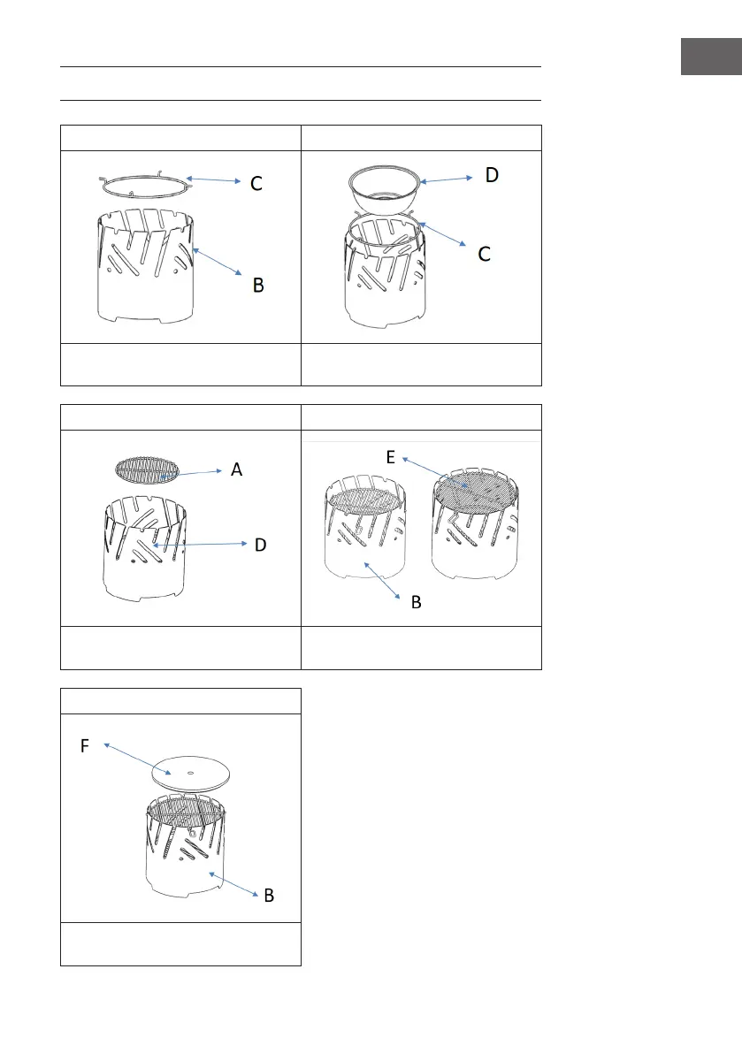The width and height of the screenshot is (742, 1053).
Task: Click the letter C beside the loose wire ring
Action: tap(256, 183)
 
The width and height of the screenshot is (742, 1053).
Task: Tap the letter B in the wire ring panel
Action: tap(258, 286)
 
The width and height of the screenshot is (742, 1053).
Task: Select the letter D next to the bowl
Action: tap(493, 175)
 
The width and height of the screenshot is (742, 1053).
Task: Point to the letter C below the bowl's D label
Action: tap(484, 254)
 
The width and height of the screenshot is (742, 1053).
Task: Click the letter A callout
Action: tap(236, 469)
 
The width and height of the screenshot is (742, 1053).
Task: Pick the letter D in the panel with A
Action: tap(261, 545)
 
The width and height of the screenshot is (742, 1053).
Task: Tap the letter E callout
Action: tap(390, 457)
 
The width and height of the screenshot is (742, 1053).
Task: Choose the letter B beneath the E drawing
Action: tap(417, 602)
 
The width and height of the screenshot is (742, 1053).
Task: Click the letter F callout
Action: tap(85, 746)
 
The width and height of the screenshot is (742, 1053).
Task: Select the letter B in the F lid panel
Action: tap(269, 896)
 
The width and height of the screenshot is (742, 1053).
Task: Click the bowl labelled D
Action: tap(384, 190)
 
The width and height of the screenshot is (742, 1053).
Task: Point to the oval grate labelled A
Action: tap(147, 469)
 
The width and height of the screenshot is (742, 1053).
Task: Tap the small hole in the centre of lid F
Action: tap(191, 773)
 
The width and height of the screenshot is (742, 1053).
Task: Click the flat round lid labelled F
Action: tap(191, 775)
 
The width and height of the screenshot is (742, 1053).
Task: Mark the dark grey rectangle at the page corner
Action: tap(711, 57)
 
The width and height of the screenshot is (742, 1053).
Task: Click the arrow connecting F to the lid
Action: tap(137, 759)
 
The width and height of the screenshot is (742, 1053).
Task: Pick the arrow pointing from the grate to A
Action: tap(191, 473)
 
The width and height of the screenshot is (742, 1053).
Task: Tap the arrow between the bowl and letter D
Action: tap(447, 179)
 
